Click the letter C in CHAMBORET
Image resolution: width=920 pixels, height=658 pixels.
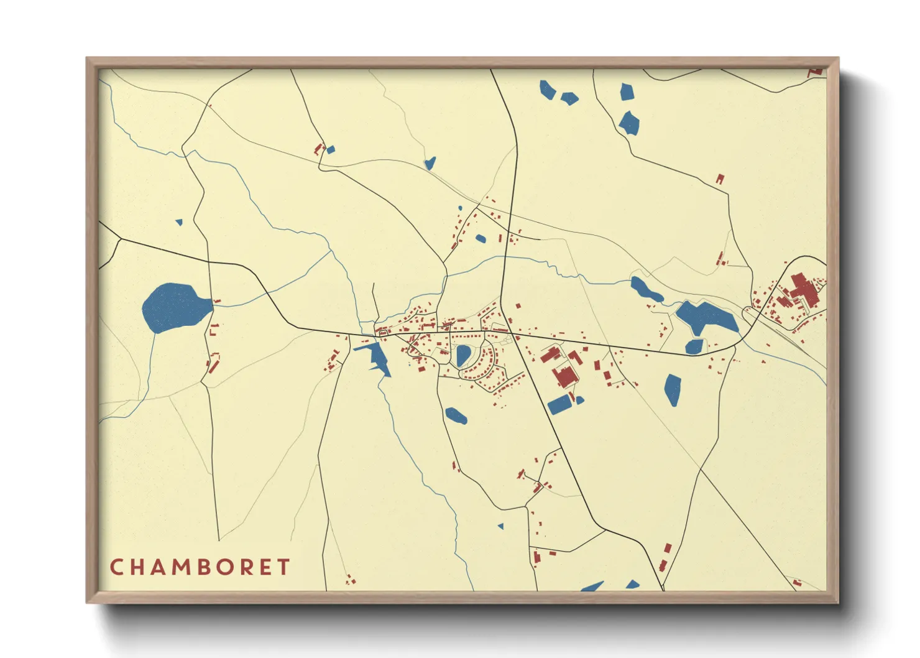116,567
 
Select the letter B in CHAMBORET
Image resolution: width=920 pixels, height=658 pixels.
203,567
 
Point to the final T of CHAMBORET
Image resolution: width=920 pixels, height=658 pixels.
283,567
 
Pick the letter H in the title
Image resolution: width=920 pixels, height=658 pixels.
136,567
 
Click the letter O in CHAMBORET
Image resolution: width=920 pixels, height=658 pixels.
224,567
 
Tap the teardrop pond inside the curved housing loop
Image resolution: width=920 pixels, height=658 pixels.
463,355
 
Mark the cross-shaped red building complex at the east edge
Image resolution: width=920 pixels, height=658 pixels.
803,291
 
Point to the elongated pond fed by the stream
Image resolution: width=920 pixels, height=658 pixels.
646,290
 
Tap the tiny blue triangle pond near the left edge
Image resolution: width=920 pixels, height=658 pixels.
179,222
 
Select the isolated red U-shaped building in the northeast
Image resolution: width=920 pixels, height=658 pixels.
720,179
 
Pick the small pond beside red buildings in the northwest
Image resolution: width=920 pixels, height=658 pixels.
331,149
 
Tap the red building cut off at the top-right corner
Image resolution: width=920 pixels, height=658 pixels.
816,73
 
